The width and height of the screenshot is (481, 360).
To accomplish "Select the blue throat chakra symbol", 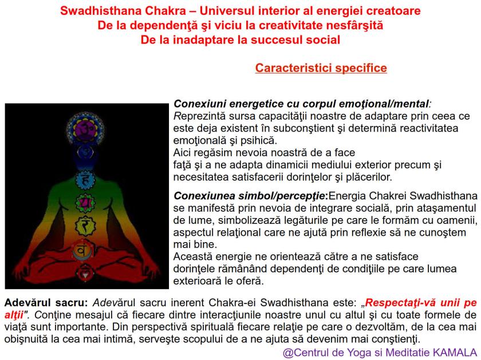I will [85, 152].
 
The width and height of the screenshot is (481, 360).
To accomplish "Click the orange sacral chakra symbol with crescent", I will [85, 250].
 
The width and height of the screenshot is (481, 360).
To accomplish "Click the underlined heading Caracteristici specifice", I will [321, 69].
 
